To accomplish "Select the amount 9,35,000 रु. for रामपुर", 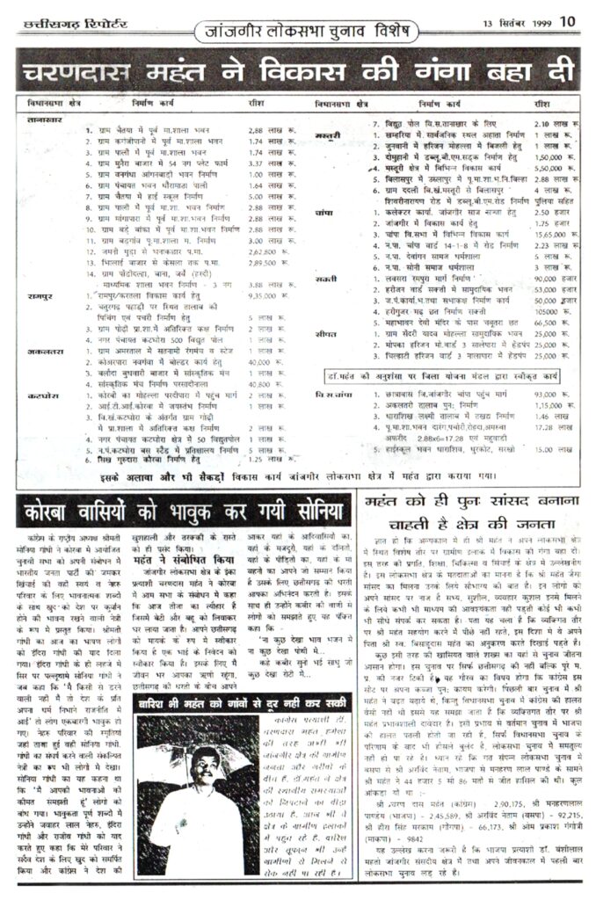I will coord(267,297).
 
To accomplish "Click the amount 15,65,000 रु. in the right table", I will coord(553,235).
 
